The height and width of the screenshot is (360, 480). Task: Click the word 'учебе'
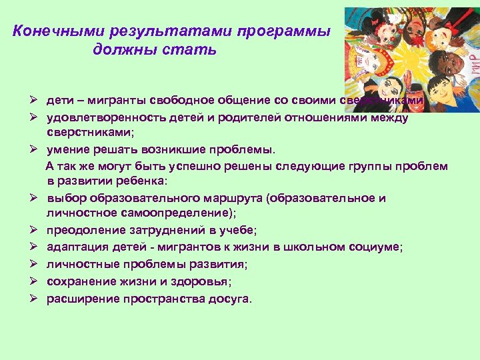[237, 231]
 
